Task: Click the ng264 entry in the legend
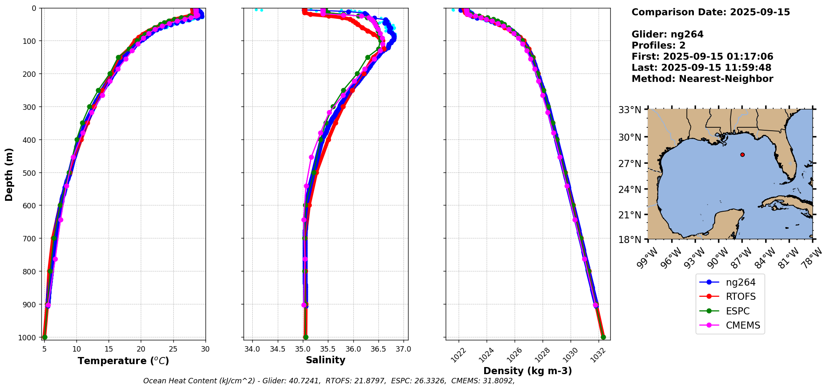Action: [x=740, y=282]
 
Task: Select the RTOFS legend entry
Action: [x=740, y=297]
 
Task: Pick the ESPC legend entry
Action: [x=737, y=311]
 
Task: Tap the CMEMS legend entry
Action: [x=743, y=326]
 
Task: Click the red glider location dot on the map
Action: [x=742, y=154]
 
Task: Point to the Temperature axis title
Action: [x=123, y=361]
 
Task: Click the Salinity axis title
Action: [x=325, y=360]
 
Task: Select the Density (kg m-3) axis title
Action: [x=528, y=371]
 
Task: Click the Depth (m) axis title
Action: [x=9, y=174]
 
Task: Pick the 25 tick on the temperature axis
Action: [x=173, y=349]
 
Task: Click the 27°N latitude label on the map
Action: [x=630, y=163]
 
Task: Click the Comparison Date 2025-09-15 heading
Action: [x=711, y=12]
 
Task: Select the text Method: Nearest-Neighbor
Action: [x=702, y=79]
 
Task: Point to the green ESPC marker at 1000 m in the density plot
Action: [x=603, y=337]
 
